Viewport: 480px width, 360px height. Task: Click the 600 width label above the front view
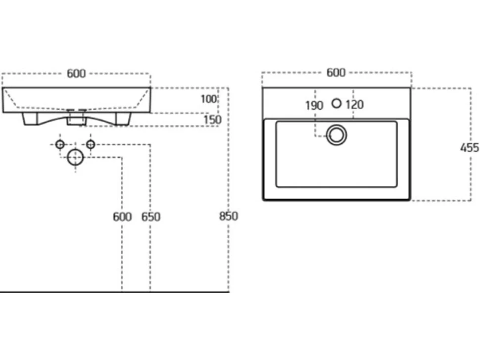[x=76, y=74]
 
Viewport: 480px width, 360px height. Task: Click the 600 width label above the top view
[x=336, y=73]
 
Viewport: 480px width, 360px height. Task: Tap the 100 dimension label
[x=208, y=99]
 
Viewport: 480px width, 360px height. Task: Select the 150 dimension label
[x=212, y=120]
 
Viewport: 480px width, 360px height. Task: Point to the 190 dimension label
[x=314, y=105]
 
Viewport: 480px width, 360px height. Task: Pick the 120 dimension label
[x=354, y=105]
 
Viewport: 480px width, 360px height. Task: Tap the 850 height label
[x=229, y=216]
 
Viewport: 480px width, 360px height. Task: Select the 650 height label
[x=150, y=217]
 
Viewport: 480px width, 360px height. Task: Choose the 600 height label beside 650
[x=122, y=217]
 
